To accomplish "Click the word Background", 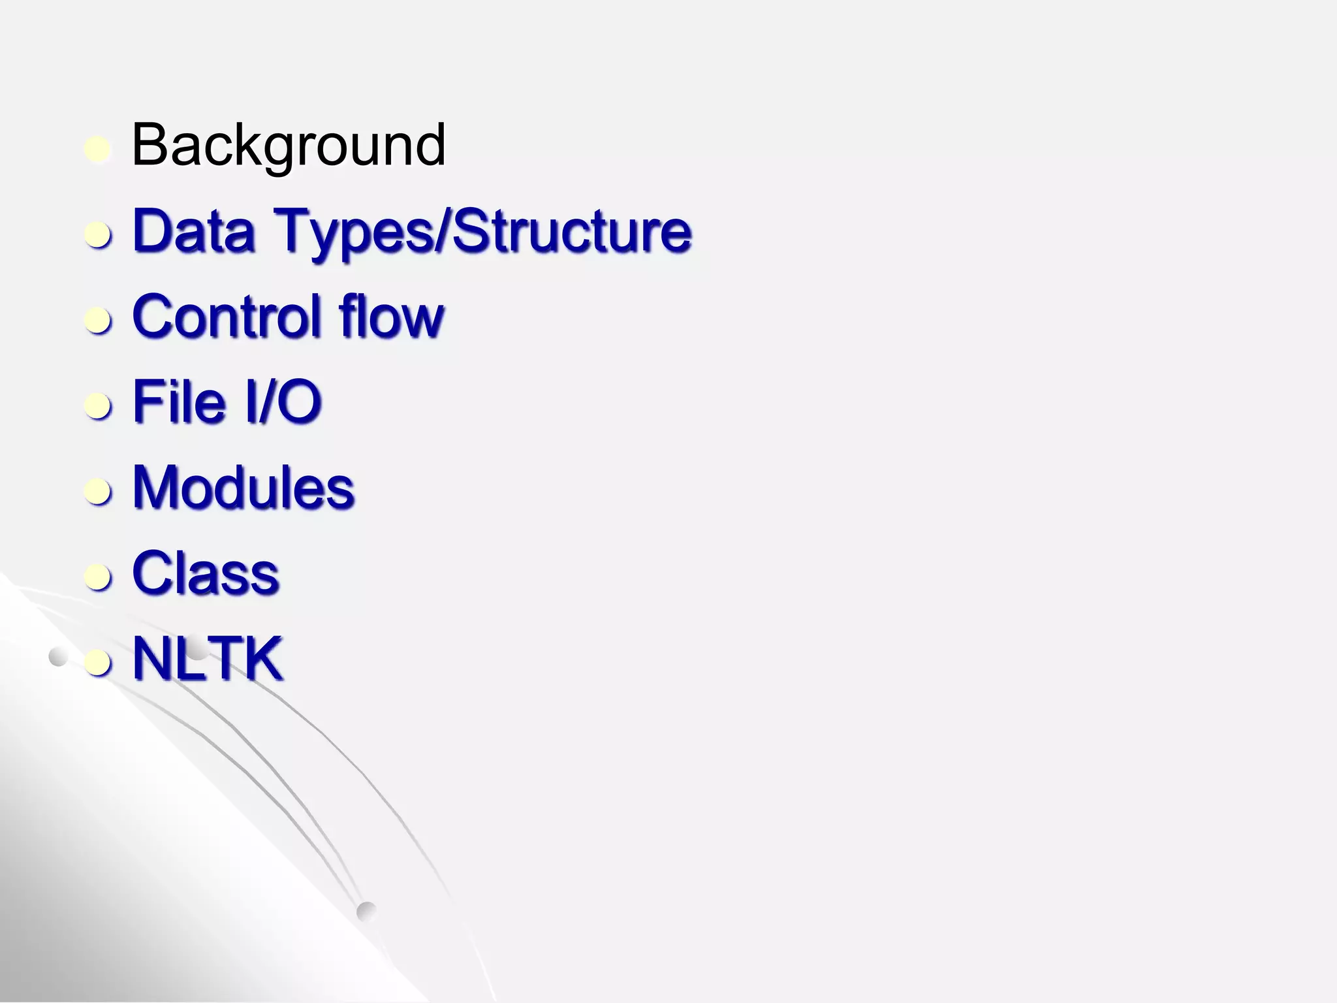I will tap(288, 146).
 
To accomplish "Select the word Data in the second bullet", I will tap(193, 231).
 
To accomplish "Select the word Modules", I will tap(244, 488).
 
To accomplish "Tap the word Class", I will tap(206, 573).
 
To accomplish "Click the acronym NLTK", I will tap(208, 659).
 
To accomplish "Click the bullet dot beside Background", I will tap(98, 150).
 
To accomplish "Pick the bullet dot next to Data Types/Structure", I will tap(98, 235).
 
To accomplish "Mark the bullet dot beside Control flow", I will tap(98, 321).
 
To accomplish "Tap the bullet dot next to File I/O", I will tap(98, 406).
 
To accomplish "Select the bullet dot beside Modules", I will tap(98, 492).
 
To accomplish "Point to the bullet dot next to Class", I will tap(98, 577).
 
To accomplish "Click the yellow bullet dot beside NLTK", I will tap(98, 663).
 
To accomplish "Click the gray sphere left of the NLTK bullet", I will tap(58, 657).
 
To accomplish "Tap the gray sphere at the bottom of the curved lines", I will tap(367, 911).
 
